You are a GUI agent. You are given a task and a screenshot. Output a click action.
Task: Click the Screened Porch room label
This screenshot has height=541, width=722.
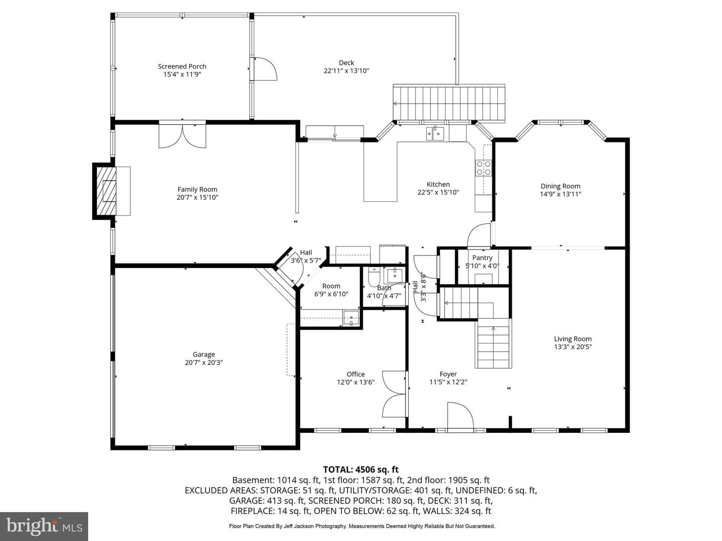coord(182,66)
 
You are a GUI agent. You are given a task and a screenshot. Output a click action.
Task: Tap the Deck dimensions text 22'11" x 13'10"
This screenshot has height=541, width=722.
coord(346,71)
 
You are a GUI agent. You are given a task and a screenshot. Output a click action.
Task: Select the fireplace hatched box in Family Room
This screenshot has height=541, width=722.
coord(105,190)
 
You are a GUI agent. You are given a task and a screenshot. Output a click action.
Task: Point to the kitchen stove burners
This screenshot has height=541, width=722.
coord(483,168)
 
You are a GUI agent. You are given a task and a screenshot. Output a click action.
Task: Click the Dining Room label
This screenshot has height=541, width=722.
coord(561,186)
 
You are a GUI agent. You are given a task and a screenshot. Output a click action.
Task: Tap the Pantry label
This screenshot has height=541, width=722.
coord(482,258)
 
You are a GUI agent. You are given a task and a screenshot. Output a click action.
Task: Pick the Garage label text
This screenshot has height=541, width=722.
coord(204,355)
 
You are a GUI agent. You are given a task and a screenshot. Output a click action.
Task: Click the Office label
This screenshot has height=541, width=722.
coord(355,374)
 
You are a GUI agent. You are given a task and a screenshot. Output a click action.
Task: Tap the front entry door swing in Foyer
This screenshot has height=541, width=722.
coord(460,416)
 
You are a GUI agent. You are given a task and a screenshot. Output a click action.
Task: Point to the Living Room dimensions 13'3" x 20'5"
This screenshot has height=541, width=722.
coord(573,347)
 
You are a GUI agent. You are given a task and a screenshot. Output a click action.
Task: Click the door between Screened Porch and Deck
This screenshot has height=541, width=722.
coord(265,69)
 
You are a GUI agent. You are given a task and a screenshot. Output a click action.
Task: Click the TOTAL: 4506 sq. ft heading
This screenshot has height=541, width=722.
coord(361,469)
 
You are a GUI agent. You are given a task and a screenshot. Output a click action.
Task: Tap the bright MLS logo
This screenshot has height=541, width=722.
coord(44,526)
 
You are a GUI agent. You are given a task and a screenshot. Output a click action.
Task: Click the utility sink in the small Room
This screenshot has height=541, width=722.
coord(351,318)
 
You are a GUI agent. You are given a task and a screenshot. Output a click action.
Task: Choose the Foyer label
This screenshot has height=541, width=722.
coord(448,374)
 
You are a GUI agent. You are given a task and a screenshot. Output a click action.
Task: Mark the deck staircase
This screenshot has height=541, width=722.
coord(449,103)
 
